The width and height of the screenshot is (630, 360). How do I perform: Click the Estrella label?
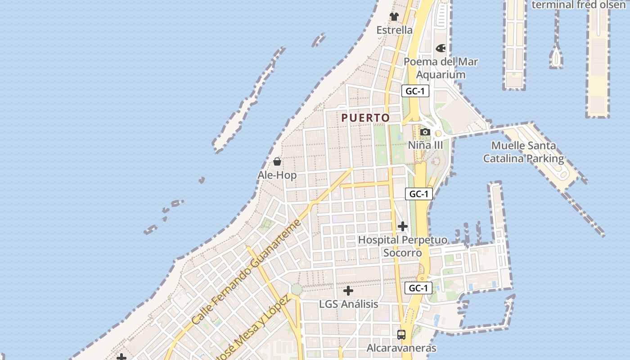[394, 30]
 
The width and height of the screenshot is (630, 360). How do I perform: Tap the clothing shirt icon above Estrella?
[394, 17]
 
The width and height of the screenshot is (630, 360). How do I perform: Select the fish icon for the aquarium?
[441, 48]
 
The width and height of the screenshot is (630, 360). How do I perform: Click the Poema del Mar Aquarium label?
[441, 68]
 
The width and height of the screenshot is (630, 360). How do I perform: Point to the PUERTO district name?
[365, 118]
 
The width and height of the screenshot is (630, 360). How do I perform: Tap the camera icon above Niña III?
[425, 132]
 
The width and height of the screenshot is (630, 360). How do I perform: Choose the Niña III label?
[425, 145]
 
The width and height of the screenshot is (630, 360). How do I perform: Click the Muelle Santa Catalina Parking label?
[523, 152]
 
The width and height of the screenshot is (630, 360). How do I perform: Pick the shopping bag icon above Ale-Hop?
[277, 162]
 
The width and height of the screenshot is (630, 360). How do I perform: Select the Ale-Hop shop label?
[277, 175]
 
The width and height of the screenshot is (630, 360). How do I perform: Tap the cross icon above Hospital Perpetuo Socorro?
[403, 226]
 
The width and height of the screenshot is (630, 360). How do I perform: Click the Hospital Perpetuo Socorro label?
[403, 246]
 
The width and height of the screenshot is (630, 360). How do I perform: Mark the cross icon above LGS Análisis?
[348, 291]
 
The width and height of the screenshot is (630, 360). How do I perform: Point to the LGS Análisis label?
[348, 304]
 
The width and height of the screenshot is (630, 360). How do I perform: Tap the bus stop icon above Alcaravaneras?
[401, 335]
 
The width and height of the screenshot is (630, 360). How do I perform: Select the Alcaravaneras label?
[401, 348]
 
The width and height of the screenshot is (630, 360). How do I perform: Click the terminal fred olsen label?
[580, 5]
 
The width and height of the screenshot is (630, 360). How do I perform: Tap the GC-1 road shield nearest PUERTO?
[415, 91]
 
